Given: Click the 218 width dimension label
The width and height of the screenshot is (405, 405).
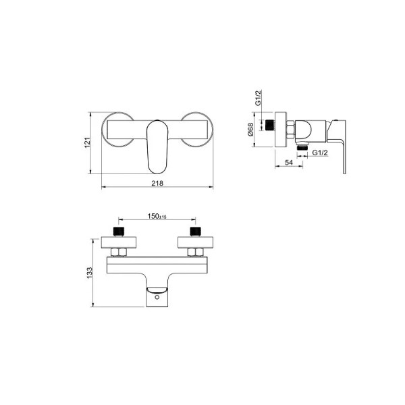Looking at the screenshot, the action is click(x=157, y=183).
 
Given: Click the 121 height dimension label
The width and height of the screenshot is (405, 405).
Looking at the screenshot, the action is click(x=88, y=142).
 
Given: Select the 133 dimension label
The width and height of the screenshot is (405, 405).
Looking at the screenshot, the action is click(x=89, y=273).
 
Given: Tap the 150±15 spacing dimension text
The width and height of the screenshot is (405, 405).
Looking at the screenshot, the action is click(x=157, y=216).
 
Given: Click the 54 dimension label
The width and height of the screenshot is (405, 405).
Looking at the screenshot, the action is click(x=289, y=163).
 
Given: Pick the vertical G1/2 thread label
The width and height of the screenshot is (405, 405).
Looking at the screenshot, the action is click(x=258, y=98).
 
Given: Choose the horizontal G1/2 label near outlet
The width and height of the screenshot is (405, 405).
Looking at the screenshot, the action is click(x=320, y=153).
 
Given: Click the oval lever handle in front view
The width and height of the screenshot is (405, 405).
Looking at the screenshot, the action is click(x=157, y=146).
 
